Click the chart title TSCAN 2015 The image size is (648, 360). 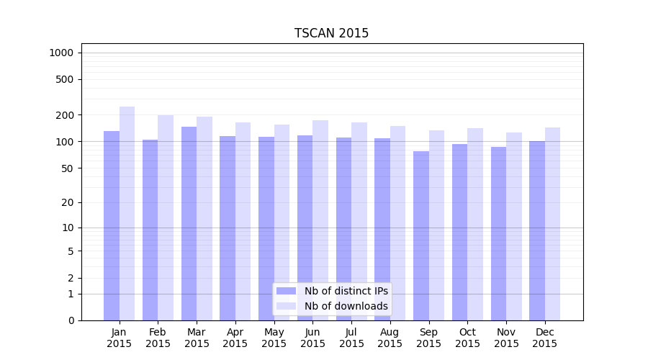point(331,33)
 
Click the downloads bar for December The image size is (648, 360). point(552,224)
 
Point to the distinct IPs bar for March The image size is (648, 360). point(189,223)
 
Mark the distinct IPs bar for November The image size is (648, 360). point(498,233)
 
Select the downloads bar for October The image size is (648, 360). point(475,224)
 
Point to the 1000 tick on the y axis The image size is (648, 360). point(61,53)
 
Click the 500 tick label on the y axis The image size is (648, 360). point(65,79)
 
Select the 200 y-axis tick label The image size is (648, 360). point(65,115)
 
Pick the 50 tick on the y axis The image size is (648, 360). point(68,168)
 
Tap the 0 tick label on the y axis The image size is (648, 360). point(71,320)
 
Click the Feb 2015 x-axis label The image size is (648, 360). point(158,338)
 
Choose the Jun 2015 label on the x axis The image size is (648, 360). point(312,338)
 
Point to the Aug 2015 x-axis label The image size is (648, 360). point(390,338)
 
